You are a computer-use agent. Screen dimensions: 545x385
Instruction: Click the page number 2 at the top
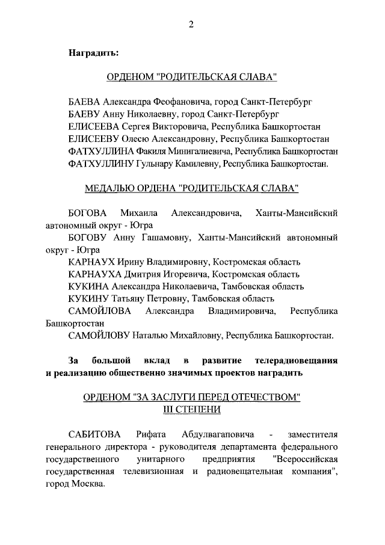(x=192, y=24)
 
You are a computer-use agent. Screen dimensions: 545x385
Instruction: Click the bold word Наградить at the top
(x=93, y=52)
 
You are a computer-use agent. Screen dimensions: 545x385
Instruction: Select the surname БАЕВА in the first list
(x=84, y=102)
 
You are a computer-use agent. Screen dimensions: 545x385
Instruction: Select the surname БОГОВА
(x=87, y=214)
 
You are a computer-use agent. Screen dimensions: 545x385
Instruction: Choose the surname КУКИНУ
(x=88, y=298)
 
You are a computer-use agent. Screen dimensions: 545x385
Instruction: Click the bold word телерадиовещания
(x=296, y=360)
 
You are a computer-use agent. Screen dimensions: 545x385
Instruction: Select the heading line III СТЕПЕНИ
(x=192, y=409)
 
